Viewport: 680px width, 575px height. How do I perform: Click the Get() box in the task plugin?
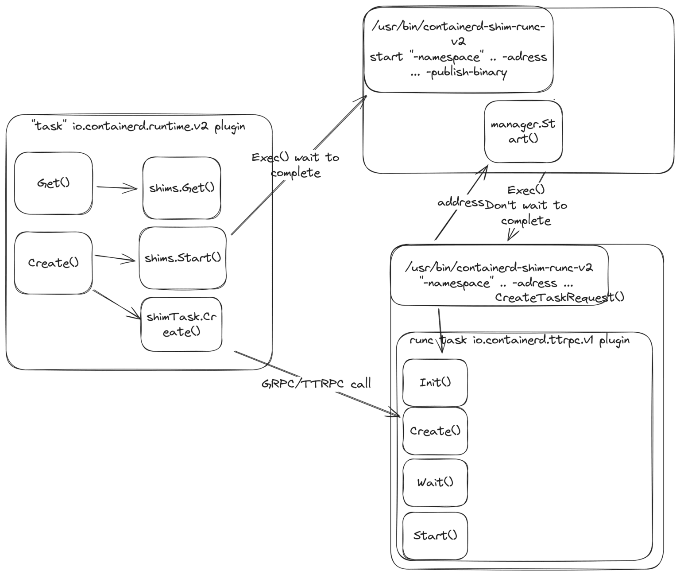point(54,183)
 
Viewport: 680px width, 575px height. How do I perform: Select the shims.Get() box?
point(182,188)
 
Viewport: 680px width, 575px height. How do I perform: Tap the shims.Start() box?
point(182,258)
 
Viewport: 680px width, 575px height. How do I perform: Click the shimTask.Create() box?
point(182,324)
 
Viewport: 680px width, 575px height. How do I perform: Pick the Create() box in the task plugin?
point(54,263)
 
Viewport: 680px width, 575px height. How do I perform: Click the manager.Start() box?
point(523,132)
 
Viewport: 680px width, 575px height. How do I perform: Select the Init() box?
point(435,382)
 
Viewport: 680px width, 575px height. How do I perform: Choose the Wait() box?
point(435,482)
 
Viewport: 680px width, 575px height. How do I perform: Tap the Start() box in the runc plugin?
point(435,536)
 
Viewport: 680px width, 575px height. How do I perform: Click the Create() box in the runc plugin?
point(435,431)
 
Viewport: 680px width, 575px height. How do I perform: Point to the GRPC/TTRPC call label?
point(316,384)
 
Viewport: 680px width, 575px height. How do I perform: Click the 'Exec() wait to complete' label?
point(296,165)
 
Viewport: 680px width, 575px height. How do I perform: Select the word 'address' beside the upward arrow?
point(460,202)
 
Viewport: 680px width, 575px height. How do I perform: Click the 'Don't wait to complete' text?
point(526,213)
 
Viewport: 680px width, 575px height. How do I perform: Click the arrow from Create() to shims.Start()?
point(115,258)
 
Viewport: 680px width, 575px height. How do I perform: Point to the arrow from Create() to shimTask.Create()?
point(117,304)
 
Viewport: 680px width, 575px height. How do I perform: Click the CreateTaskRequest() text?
point(560,297)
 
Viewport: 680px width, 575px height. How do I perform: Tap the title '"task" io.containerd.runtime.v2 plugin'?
point(139,127)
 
